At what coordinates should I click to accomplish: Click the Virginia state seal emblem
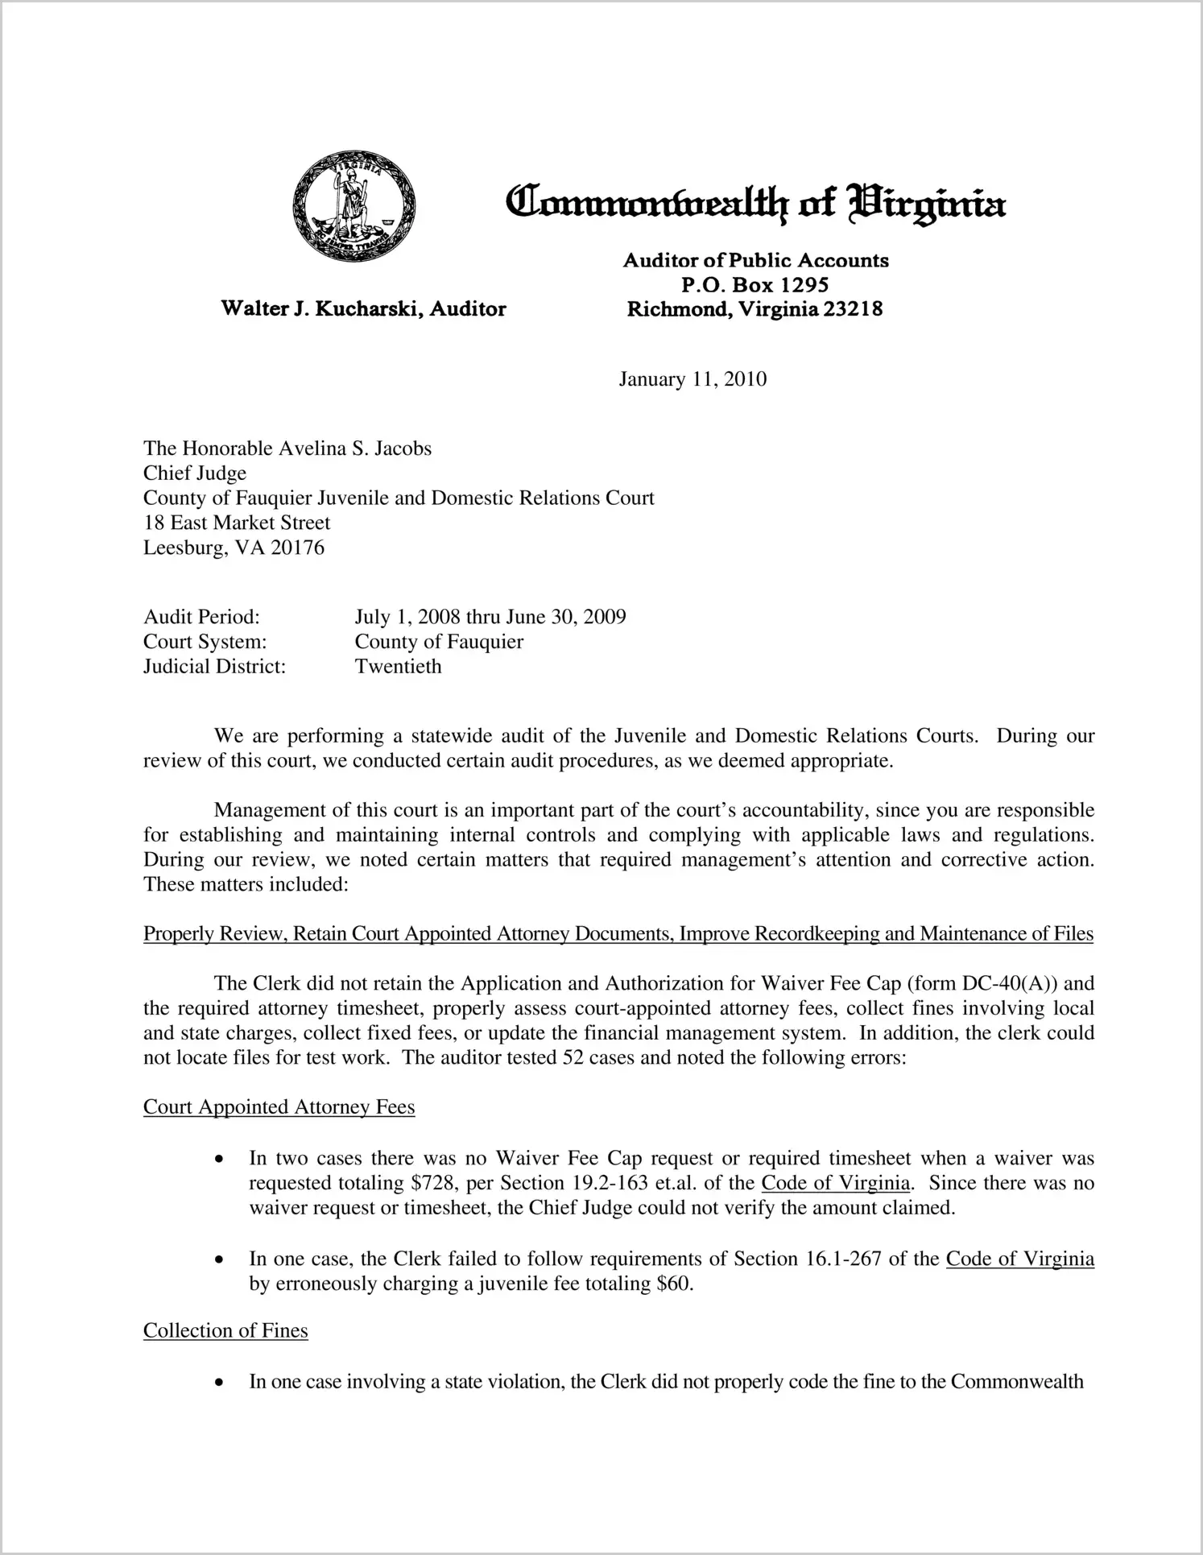pyautogui.click(x=354, y=206)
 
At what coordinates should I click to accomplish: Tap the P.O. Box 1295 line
pyautogui.click(x=754, y=284)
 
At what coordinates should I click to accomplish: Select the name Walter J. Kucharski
pyautogui.click(x=323, y=308)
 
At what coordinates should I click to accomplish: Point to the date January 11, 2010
pyautogui.click(x=692, y=379)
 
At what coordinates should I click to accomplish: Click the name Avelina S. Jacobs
pyautogui.click(x=355, y=449)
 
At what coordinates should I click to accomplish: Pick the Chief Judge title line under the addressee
pyautogui.click(x=195, y=474)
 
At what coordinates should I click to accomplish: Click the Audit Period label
pyautogui.click(x=201, y=617)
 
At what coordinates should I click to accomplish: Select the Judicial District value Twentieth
pyautogui.click(x=398, y=667)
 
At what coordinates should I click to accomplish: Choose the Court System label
pyautogui.click(x=205, y=642)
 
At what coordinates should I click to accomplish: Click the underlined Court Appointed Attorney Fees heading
pyautogui.click(x=279, y=1107)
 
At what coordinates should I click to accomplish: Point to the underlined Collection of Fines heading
pyautogui.click(x=225, y=1330)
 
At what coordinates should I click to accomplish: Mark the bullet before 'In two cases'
pyautogui.click(x=219, y=1160)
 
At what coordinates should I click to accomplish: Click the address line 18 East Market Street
pyautogui.click(x=237, y=523)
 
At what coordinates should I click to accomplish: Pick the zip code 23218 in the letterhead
pyautogui.click(x=854, y=308)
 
